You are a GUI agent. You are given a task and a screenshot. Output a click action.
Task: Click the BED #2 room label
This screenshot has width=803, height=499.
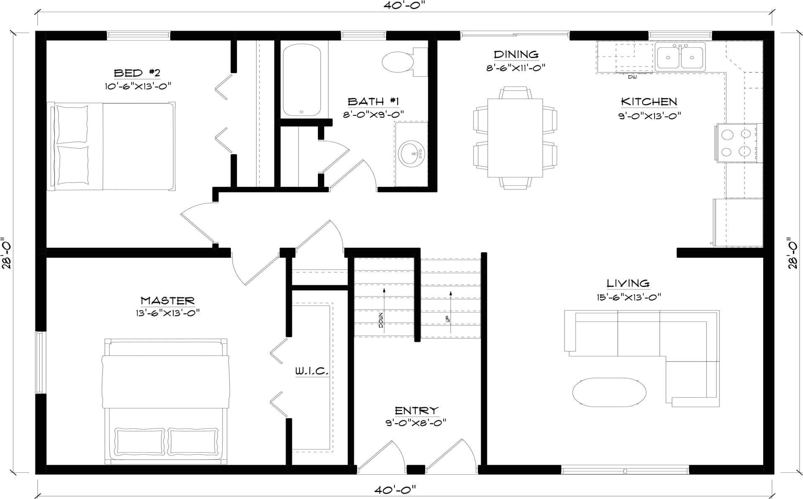point(137,73)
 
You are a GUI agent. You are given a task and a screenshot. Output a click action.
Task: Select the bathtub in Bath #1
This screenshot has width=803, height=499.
point(302,80)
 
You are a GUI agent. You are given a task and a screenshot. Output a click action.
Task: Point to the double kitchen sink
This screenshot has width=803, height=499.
point(680,56)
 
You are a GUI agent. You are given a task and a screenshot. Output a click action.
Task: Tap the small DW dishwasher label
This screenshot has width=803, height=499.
point(632,77)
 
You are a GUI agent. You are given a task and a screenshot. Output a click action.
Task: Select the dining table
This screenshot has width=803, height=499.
point(515,138)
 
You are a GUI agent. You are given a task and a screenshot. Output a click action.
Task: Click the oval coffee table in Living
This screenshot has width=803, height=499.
point(606,392)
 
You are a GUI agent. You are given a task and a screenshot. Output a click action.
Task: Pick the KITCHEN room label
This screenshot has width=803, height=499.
point(649,102)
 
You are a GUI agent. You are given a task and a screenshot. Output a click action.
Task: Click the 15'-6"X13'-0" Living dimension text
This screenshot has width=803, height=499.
point(629,297)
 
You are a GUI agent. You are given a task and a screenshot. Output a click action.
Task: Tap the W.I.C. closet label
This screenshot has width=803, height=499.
point(312,371)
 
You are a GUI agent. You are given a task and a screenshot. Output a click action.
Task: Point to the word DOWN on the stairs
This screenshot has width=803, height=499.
point(381,320)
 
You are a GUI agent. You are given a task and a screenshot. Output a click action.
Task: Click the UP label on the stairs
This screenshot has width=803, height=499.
point(448,319)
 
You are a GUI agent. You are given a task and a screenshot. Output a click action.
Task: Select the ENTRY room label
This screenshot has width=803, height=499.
point(416,411)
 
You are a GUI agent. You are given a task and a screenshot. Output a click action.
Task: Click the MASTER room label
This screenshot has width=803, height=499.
point(168,301)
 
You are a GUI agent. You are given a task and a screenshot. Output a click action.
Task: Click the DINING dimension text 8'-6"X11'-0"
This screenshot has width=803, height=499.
point(516,68)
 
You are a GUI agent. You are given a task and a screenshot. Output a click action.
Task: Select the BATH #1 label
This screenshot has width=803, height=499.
point(374,102)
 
